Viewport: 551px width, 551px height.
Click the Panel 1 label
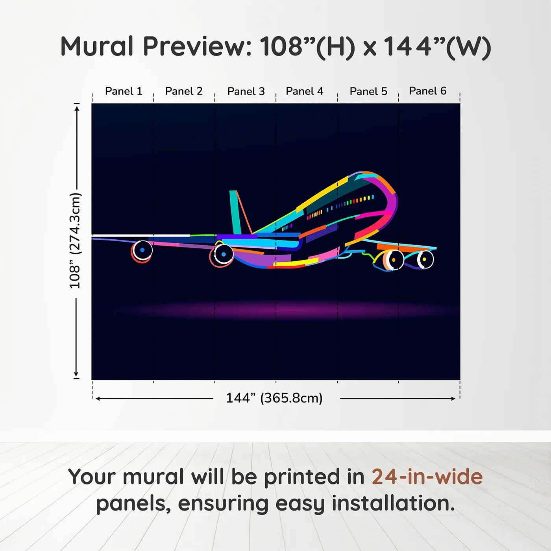(x=124, y=91)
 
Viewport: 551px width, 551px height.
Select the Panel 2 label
(x=184, y=91)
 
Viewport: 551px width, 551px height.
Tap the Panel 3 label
(x=246, y=91)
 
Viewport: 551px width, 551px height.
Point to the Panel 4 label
(x=304, y=91)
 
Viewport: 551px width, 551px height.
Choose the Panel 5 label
(x=368, y=91)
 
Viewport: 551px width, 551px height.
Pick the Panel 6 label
(x=427, y=91)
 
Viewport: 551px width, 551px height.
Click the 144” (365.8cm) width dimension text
(x=274, y=398)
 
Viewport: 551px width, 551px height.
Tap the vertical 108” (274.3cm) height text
(x=75, y=240)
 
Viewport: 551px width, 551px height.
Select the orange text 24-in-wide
(x=427, y=477)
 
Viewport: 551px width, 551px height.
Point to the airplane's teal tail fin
(x=235, y=213)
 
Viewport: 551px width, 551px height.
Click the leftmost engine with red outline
(x=142, y=251)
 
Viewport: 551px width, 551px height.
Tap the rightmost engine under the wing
(x=425, y=260)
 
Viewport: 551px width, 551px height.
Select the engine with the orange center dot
(x=392, y=260)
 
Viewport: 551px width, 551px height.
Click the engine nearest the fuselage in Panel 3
(x=223, y=255)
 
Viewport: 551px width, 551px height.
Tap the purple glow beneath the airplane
(x=283, y=310)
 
